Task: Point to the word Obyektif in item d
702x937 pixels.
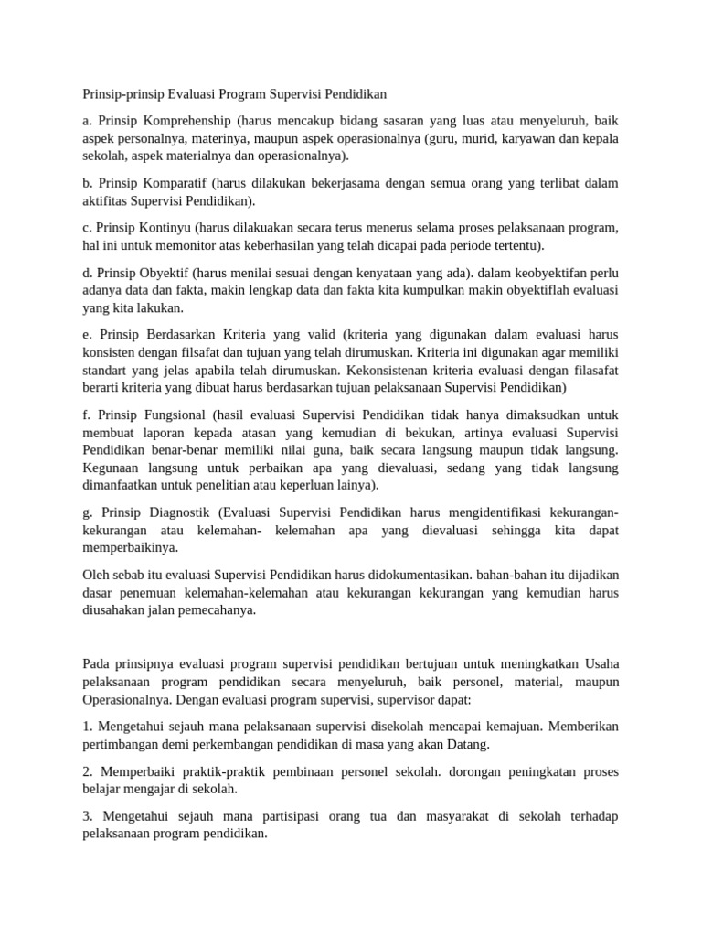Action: pos(165,272)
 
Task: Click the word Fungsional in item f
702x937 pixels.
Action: pos(174,414)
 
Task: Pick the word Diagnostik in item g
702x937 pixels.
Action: pos(175,512)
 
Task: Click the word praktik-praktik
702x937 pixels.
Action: pos(212,770)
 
